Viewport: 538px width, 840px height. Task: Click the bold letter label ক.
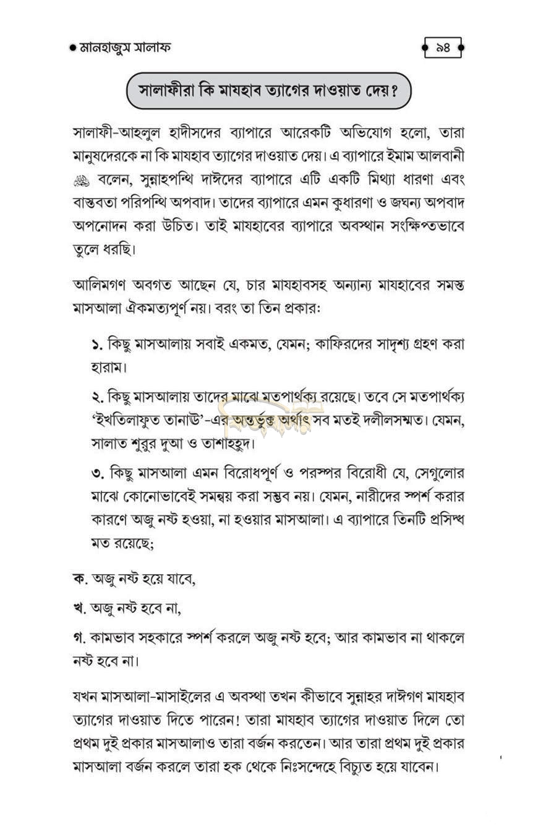[79, 578]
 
